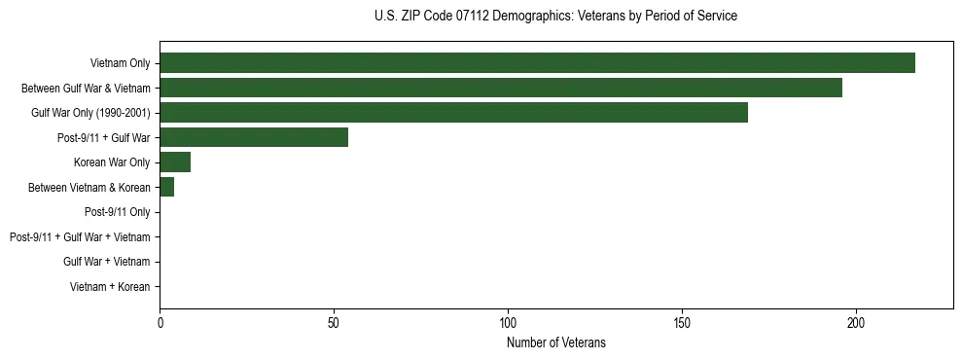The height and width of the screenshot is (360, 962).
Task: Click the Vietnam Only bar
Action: pyautogui.click(x=537, y=62)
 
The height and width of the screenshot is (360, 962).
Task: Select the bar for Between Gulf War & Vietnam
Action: pyautogui.click(x=500, y=88)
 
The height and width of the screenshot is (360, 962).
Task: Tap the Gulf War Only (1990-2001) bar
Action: pyautogui.click(x=453, y=112)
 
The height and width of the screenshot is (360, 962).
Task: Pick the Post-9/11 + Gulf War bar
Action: pyautogui.click(x=254, y=137)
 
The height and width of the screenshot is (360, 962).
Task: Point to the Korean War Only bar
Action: pyautogui.click(x=175, y=162)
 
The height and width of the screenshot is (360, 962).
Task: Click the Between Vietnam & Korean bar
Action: pyautogui.click(x=166, y=187)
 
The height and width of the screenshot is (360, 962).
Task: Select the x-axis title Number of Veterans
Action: pyautogui.click(x=555, y=342)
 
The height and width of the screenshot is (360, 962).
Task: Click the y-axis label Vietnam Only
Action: pyautogui.click(x=120, y=63)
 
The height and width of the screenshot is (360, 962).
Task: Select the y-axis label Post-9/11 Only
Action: pyautogui.click(x=117, y=212)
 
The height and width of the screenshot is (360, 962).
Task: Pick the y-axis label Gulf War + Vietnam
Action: pyautogui.click(x=106, y=262)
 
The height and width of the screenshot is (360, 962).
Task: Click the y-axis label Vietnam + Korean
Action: pyautogui.click(x=110, y=287)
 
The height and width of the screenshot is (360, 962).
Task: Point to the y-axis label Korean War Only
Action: pyautogui.click(x=112, y=162)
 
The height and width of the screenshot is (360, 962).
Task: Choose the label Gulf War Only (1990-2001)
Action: pyautogui.click(x=90, y=113)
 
